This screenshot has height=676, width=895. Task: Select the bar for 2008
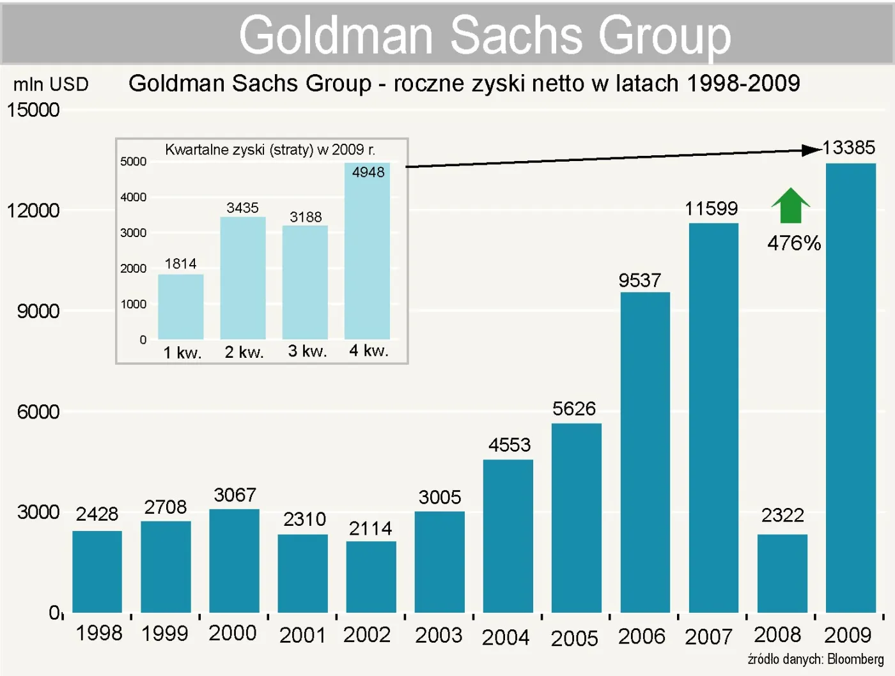pos(782,573)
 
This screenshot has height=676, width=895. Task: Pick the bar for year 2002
pos(371,577)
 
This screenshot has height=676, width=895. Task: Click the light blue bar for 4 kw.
pos(367,256)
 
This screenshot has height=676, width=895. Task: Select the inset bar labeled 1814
pos(180,307)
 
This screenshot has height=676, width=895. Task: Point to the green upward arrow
pos(791,206)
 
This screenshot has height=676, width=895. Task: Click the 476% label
pos(794,243)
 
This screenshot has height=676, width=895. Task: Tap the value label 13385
pos(848,148)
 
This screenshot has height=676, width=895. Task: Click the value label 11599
pos(711,208)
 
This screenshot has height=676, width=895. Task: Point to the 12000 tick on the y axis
pos(33,210)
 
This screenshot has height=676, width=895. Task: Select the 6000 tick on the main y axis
pos(38,411)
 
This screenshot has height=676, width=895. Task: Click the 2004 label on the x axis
pos(505,637)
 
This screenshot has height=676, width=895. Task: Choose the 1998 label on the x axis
pos(98,633)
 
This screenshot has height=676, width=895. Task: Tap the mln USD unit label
pos(51,84)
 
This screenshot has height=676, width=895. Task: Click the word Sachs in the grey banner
pos(517,35)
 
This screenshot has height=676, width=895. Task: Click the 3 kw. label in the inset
pos(307,351)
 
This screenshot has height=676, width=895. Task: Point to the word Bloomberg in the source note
pos(855,659)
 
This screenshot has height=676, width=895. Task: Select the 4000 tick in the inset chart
pos(133,197)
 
